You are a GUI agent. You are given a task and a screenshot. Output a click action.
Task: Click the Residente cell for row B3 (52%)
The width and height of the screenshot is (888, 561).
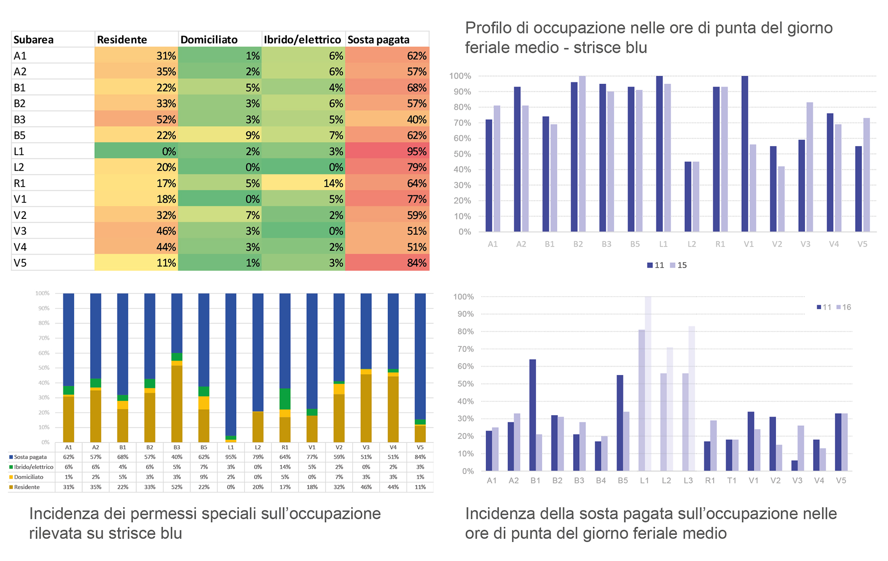coord(136,119)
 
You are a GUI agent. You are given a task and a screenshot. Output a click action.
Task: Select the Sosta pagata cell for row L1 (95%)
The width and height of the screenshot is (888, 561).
coord(387,151)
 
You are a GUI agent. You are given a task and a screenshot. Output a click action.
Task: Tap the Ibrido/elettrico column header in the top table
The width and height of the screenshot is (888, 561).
coord(302,39)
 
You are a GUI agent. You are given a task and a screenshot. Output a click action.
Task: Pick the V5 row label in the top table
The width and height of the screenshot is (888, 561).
coord(20,263)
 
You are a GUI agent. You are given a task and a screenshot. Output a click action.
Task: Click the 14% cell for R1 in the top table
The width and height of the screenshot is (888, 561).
coord(303,183)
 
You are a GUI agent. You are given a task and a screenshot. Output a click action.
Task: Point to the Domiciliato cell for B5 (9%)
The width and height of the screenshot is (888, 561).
coord(220,135)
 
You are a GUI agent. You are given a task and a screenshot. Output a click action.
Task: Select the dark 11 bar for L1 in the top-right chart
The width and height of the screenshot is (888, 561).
coord(660,154)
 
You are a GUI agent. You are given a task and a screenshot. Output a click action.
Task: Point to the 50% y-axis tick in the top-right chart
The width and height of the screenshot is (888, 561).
coord(462,154)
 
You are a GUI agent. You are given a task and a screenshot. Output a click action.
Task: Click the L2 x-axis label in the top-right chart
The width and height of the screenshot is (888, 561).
coord(692,244)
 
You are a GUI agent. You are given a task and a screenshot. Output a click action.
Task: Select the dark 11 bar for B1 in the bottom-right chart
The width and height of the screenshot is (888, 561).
coord(533,415)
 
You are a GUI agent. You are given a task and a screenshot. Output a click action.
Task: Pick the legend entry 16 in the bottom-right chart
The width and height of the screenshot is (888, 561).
coord(844,307)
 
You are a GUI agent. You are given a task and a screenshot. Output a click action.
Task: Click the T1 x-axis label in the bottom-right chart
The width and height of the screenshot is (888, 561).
coord(732,480)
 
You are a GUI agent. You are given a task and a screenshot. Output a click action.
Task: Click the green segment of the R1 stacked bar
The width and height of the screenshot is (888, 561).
coord(285,399)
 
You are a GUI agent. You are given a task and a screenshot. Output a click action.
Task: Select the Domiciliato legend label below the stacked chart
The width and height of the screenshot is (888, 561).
coord(29,477)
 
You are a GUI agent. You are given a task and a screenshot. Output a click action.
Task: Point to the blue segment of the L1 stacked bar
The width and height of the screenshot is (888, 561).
coord(231,364)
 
